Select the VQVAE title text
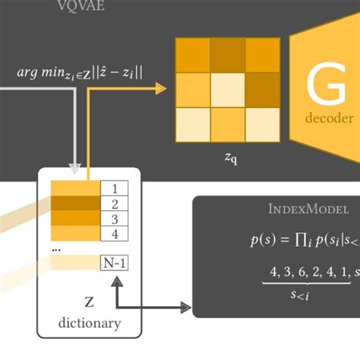pyautogui.click(x=81, y=7)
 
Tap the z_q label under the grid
pyautogui.click(x=229, y=159)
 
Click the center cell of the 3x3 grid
pyautogui.click(x=229, y=90)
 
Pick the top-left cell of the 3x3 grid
pyautogui.click(x=194, y=55)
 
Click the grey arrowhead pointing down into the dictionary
pyautogui.click(x=74, y=165)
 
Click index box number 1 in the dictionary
pyautogui.click(x=115, y=189)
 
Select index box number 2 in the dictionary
pyautogui.click(x=115, y=204)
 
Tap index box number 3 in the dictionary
pyautogui.click(x=115, y=219)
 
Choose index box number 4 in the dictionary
pyautogui.click(x=115, y=233)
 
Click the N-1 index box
pyautogui.click(x=115, y=263)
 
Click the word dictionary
pyautogui.click(x=90, y=323)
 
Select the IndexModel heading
pyautogui.click(x=309, y=209)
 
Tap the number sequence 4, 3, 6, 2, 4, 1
pyautogui.click(x=304, y=271)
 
